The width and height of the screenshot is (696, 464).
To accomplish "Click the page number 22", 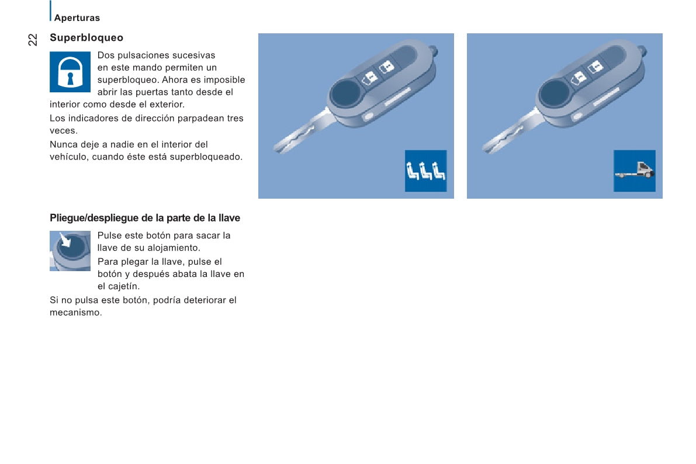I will [x=33, y=40].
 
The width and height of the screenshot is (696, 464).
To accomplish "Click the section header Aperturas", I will [x=77, y=18].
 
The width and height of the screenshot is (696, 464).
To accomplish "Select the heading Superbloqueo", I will [x=86, y=38].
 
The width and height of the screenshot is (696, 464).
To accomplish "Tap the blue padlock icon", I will [x=70, y=72].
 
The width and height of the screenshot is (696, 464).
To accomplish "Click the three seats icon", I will [x=425, y=171].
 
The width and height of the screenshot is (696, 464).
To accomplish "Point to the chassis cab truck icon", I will [x=634, y=171].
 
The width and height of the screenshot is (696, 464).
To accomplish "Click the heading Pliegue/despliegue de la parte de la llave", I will [x=145, y=218].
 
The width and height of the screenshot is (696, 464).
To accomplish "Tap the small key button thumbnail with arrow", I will [x=70, y=251].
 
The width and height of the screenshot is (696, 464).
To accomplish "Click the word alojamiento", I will [x=167, y=248].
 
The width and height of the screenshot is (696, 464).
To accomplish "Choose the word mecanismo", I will [x=75, y=313].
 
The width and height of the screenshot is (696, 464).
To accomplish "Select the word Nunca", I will [x=63, y=144].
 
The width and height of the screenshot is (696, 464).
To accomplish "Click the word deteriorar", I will [x=195, y=300].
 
